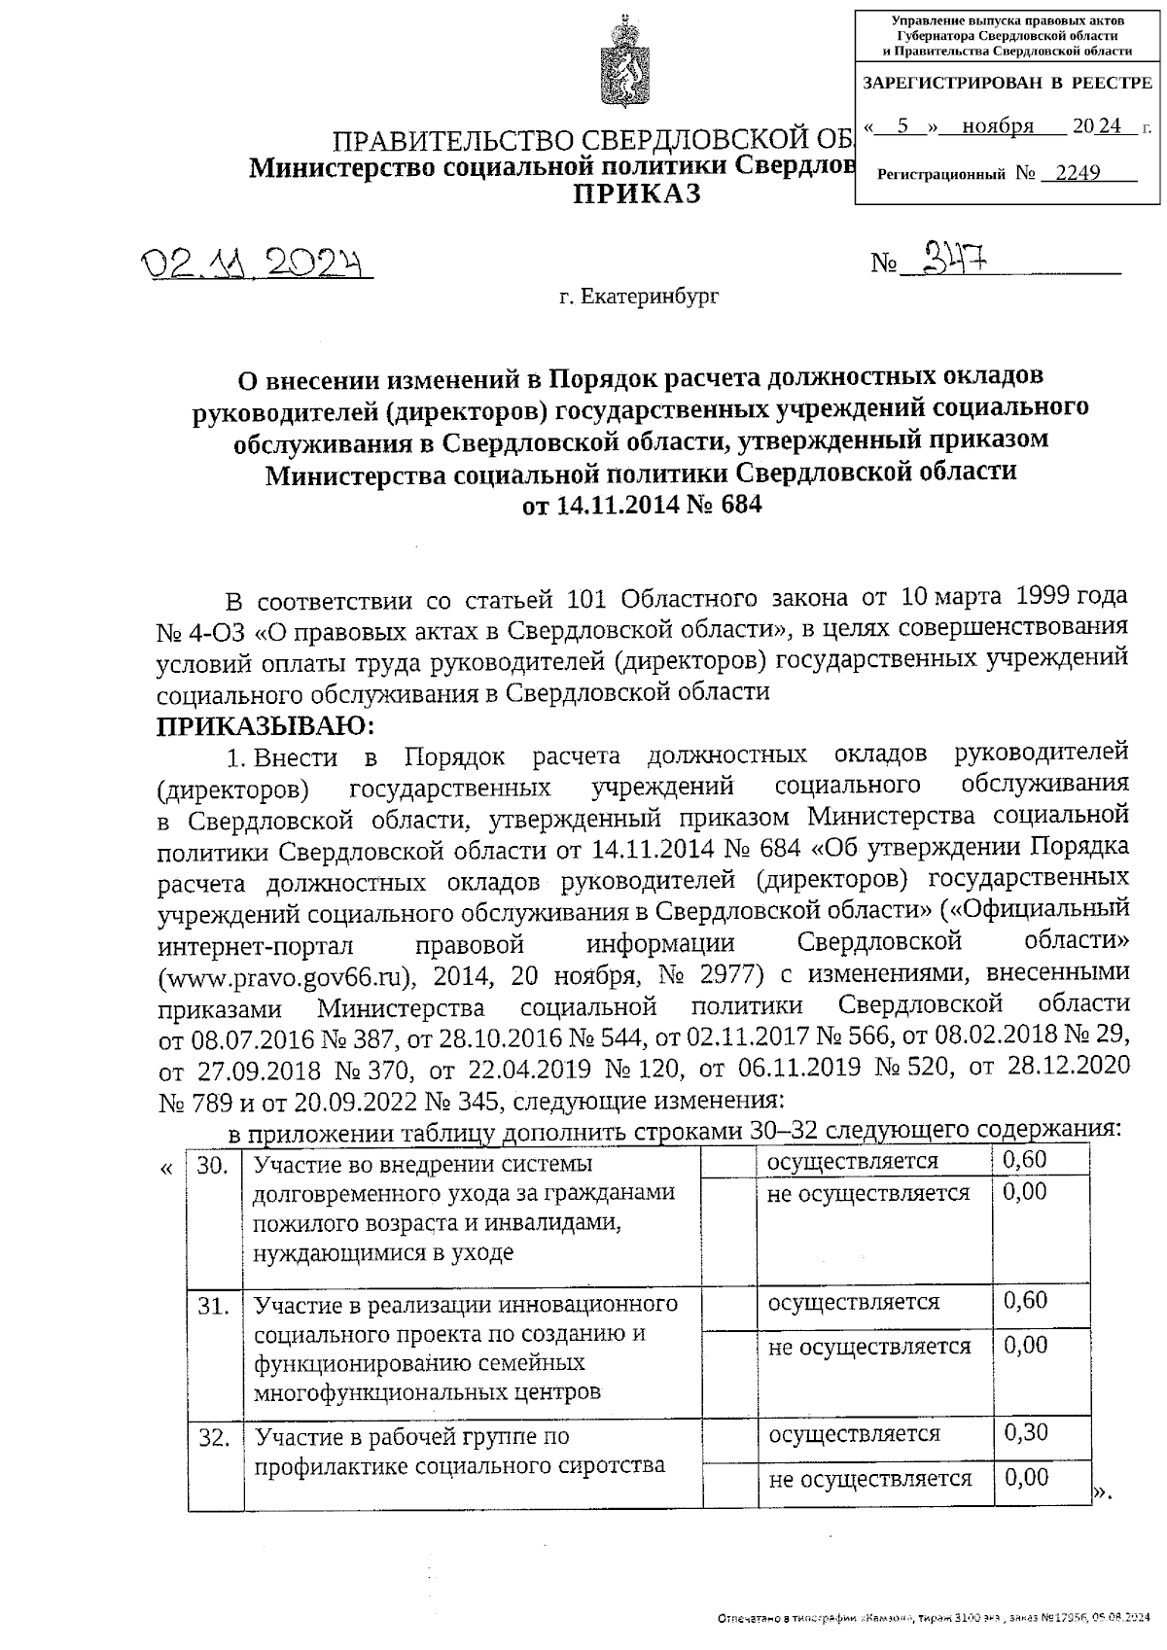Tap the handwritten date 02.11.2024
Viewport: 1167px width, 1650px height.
(259, 263)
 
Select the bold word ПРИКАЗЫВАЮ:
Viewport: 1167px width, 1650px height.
(266, 725)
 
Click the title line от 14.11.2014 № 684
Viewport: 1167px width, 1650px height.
(642, 506)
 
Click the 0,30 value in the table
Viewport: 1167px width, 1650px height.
(1025, 1432)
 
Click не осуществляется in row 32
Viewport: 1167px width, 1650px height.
(869, 1479)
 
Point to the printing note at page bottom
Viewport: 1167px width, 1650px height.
(933, 1621)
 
